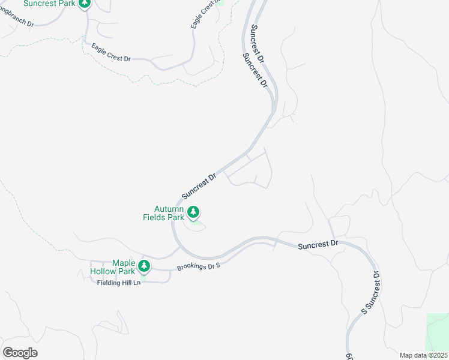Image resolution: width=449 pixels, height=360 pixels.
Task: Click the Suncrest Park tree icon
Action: pos(85,4)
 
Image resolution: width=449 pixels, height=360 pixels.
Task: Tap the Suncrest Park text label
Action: pos(50,4)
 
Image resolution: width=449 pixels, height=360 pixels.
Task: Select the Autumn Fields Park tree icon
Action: pos(193,212)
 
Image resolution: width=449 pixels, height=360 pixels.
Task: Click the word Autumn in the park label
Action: pos(168,209)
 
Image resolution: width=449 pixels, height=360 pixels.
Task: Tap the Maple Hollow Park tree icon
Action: pos(143,266)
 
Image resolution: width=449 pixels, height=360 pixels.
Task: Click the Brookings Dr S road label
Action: pos(199,266)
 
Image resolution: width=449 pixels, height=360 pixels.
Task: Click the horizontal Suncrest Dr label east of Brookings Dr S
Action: pos(318,245)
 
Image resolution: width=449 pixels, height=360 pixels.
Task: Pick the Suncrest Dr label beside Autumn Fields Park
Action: pos(199,187)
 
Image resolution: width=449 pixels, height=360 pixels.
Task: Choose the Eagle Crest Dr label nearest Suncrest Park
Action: pos(111,52)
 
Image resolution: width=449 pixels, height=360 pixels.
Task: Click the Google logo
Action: pos(20,352)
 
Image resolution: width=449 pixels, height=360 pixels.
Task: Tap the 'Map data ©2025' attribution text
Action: pos(423,355)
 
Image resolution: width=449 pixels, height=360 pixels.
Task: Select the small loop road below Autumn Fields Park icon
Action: pos(196,226)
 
